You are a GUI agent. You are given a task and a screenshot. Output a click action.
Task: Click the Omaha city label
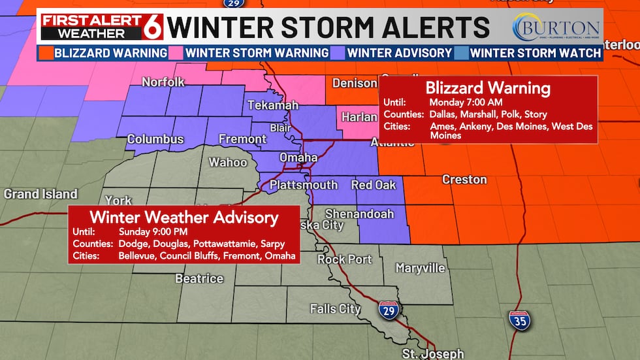298,157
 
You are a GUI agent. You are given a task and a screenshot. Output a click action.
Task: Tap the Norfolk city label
164,82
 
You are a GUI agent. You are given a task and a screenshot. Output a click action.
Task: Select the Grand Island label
40,194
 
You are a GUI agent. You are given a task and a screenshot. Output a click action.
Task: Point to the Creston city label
464,179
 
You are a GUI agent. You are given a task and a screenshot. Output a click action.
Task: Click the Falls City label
335,308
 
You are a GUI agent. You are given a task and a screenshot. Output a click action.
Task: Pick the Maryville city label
421,268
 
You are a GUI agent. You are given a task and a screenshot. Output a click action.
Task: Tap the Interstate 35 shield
520,320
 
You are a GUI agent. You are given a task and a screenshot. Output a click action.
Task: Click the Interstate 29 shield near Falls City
389,311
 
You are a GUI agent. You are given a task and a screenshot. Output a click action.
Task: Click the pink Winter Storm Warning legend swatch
176,52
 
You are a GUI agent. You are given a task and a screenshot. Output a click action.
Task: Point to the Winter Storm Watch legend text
536,52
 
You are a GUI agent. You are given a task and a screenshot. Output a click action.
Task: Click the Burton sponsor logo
556,27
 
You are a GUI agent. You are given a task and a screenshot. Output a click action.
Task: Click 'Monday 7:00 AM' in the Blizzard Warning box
466,103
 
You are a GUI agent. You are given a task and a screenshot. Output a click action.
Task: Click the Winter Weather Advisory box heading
184,218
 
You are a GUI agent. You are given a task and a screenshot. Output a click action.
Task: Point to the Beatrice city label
199,278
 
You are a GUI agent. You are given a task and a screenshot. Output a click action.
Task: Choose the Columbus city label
154,139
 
